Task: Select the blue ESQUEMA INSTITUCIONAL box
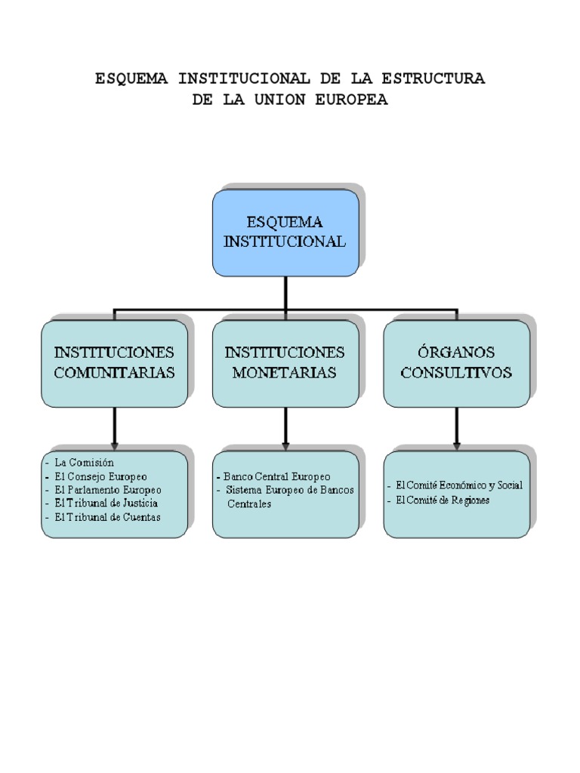tap(285, 233)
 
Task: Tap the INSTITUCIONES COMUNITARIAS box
tap(114, 363)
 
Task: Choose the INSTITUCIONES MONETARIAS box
tap(285, 363)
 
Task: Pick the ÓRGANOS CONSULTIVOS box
tap(456, 363)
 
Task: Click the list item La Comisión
tap(83, 462)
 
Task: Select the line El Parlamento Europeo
tap(108, 489)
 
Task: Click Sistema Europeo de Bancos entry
tap(289, 491)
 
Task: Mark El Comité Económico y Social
tap(458, 485)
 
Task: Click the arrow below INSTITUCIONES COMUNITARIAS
tap(114, 429)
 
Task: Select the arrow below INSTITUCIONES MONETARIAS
tap(285, 429)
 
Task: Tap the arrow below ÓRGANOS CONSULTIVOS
tap(456, 429)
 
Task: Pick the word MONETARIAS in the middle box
tap(285, 373)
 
